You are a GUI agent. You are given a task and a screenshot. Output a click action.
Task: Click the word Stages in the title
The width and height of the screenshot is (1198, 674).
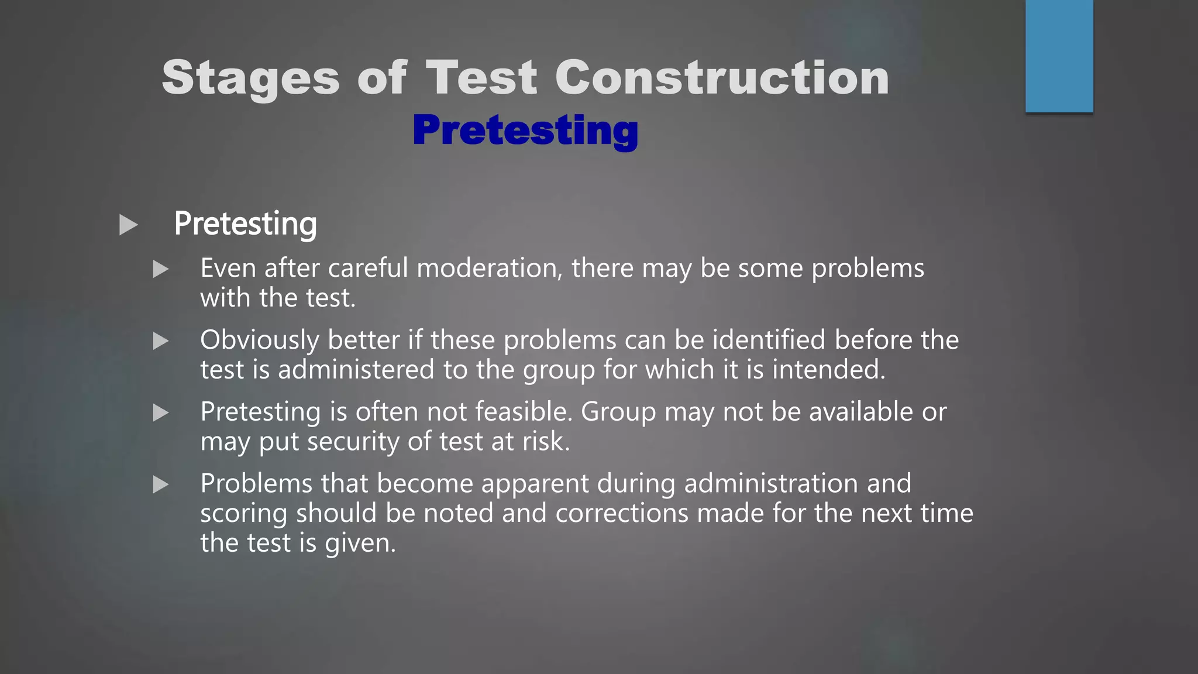tap(250, 78)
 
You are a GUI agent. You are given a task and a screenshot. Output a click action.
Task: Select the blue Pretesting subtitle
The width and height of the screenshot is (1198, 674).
tap(525, 130)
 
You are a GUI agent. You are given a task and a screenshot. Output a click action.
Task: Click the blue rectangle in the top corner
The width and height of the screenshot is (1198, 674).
tap(1059, 56)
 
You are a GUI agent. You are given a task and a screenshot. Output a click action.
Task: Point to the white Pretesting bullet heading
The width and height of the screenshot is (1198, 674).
tap(245, 224)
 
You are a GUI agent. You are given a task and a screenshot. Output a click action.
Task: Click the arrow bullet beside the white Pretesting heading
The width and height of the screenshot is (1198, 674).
tap(128, 225)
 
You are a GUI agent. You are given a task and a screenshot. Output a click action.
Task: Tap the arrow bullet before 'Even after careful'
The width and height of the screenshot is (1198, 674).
tap(160, 269)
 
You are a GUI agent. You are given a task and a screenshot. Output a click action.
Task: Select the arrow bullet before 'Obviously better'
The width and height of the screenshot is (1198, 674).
tap(160, 341)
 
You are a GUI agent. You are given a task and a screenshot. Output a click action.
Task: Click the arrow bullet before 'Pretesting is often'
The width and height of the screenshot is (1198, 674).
tap(160, 413)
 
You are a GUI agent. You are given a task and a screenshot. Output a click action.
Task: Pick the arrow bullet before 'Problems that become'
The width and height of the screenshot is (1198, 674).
tap(160, 484)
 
